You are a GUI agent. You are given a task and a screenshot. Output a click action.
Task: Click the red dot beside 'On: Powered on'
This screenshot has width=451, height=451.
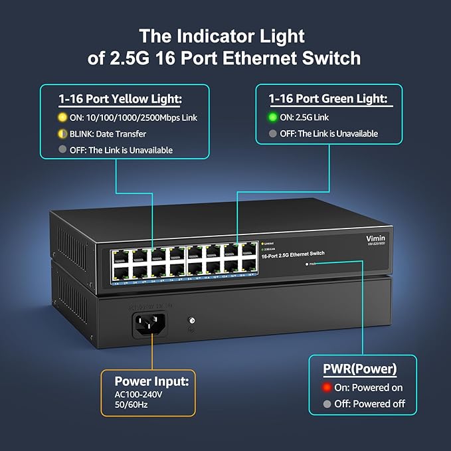[x=327, y=387]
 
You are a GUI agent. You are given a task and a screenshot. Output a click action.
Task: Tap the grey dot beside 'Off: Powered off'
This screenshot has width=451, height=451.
[x=327, y=403]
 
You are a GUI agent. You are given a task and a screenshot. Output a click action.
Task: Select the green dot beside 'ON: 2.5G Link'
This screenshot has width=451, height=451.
[x=273, y=118]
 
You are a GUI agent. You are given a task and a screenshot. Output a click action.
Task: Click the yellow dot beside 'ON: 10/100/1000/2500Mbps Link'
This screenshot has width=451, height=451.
[x=62, y=118]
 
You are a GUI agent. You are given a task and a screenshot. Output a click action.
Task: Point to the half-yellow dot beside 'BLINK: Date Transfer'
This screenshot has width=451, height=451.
[x=62, y=134]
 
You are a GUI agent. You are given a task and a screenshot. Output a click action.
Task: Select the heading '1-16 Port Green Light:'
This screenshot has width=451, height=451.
[x=327, y=99]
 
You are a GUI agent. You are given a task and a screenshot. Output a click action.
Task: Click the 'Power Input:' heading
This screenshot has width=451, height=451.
[x=152, y=381]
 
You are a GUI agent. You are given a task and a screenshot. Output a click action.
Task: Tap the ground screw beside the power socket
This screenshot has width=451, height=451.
[x=193, y=321]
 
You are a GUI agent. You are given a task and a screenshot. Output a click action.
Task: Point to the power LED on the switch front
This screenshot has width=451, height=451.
[x=306, y=264]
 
